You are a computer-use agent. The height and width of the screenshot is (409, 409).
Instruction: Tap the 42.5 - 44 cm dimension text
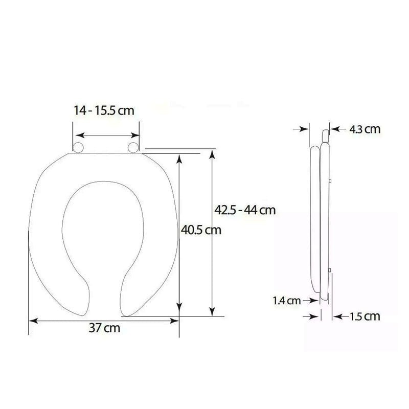coord(245,210)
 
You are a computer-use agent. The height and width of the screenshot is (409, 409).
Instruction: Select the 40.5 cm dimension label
coord(201,230)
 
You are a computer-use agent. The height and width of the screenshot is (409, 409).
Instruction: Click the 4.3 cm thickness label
coord(365,129)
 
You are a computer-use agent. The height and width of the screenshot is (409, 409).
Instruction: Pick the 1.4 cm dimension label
coord(286,301)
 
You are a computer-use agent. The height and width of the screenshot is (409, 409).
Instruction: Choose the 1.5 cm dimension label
coord(365,316)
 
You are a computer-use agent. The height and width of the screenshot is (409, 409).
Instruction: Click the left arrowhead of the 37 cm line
coord(32,321)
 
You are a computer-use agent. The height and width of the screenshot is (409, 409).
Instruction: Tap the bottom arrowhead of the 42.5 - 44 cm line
coord(213,312)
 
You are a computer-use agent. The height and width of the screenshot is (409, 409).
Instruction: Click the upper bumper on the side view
coord(332,180)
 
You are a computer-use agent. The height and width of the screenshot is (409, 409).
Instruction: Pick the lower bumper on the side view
coord(332,270)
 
